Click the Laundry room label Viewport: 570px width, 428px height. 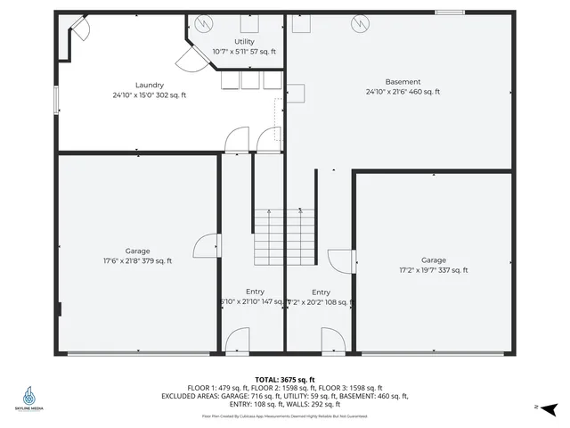pyautogui.click(x=149, y=85)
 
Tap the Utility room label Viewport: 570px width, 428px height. pyautogui.click(x=244, y=42)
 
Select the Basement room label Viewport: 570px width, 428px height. pyautogui.click(x=403, y=81)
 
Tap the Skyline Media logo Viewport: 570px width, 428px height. pyautogui.click(x=32, y=399)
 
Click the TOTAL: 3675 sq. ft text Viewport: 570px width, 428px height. pyautogui.click(x=285, y=379)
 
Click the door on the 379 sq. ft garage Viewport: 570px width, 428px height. pyautogui.click(x=208, y=246)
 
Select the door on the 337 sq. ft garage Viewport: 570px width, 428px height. pyautogui.click(x=341, y=259)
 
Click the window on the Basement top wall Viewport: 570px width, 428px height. pyautogui.click(x=450, y=12)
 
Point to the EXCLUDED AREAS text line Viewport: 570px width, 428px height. pyautogui.click(x=285, y=396)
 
